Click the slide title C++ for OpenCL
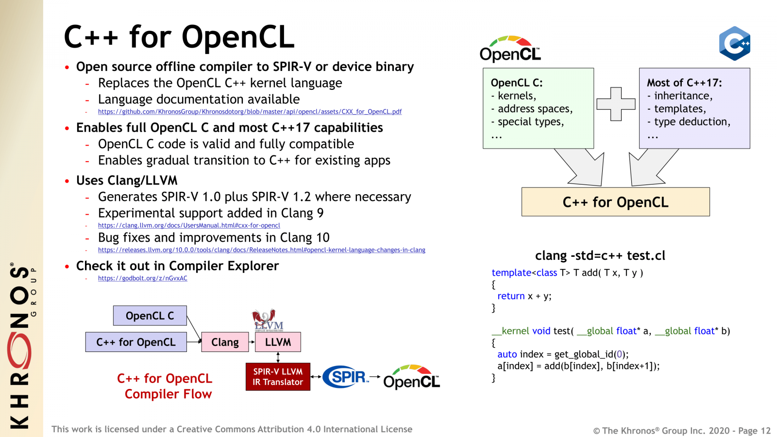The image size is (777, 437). tap(179, 37)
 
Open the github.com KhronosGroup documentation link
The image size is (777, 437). tap(250, 112)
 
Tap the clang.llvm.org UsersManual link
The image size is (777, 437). tap(189, 225)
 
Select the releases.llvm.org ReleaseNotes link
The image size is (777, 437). tap(261, 250)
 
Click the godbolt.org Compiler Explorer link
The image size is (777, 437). tap(142, 278)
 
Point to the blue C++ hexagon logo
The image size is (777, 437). tap(734, 44)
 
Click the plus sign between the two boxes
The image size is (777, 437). tap(616, 104)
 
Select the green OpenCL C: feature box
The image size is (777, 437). tap(538, 108)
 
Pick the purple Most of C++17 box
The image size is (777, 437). tap(694, 108)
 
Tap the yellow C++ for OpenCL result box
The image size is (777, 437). tap(615, 202)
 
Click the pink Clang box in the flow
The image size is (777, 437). tap(225, 342)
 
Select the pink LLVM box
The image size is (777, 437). tap(278, 342)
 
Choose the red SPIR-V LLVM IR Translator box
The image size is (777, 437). tap(278, 377)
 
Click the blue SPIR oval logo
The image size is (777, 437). tap(345, 377)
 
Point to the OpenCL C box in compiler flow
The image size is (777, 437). tap(150, 316)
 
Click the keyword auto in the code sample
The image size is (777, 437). tap(507, 354)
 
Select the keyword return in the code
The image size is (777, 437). tap(511, 296)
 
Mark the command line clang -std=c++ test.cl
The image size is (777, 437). tap(600, 256)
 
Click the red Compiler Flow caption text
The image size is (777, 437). tap(168, 394)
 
